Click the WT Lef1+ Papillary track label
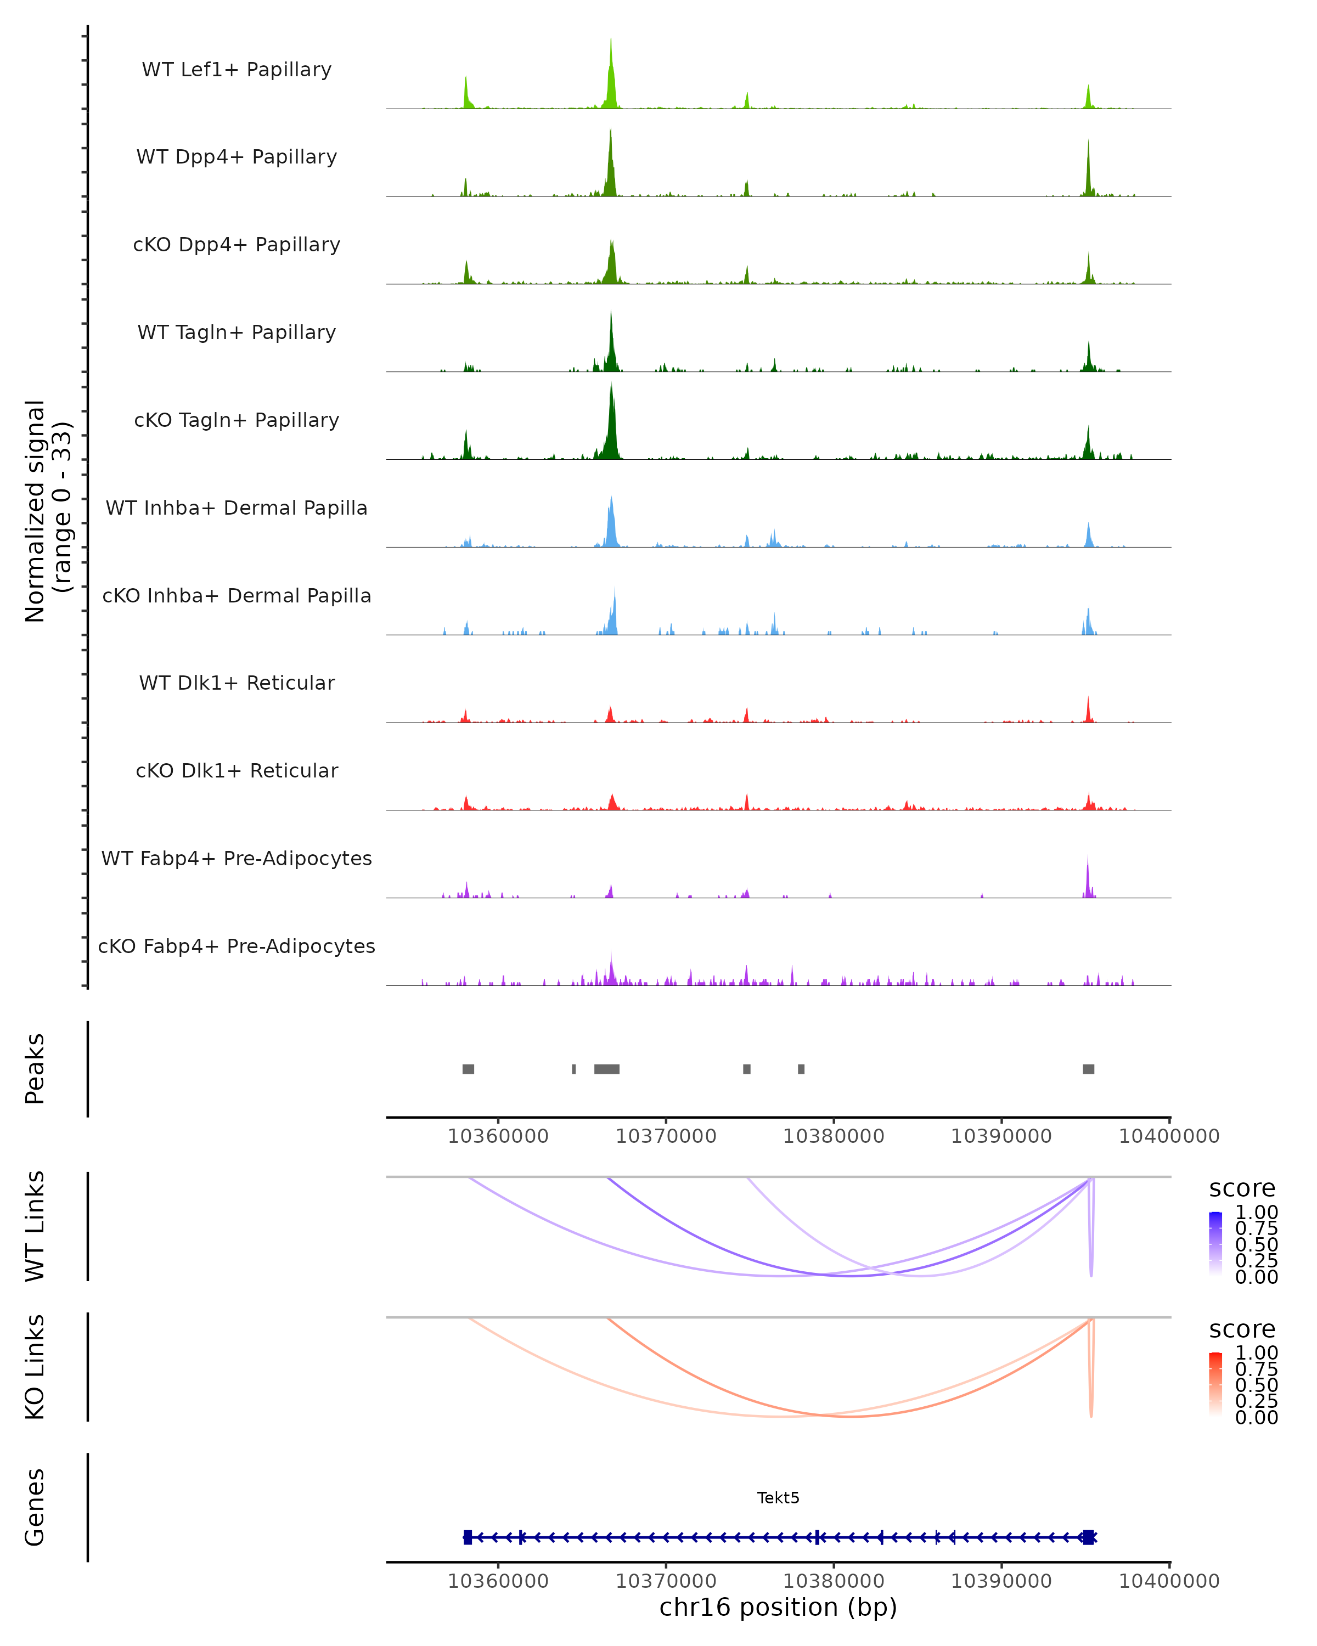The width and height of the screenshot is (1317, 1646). (237, 70)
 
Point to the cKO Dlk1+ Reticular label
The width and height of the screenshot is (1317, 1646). (237, 770)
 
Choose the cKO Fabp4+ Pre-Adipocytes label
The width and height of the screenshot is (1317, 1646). (237, 946)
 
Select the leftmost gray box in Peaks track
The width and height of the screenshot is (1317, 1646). (468, 1069)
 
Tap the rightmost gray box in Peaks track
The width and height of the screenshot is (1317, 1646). (1089, 1069)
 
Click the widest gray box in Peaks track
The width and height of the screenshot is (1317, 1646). (607, 1069)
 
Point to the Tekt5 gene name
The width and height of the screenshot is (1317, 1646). (778, 1498)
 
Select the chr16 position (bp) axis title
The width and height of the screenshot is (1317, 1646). (778, 1607)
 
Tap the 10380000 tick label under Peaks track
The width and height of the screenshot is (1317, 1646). (834, 1136)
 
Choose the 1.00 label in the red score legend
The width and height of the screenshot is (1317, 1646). (1257, 1352)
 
